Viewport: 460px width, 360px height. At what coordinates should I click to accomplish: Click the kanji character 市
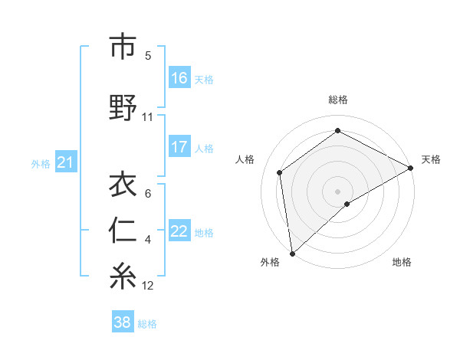click(x=123, y=47)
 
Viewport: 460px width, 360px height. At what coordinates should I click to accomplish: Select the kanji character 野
click(x=123, y=108)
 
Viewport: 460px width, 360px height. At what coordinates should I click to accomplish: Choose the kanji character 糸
click(x=123, y=277)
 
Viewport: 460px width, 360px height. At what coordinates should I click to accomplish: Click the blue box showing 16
click(x=179, y=78)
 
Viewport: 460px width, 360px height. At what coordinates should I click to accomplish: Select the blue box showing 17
click(x=179, y=147)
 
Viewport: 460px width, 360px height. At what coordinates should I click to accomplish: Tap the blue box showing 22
click(x=179, y=231)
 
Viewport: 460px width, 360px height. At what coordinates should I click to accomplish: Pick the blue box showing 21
click(x=65, y=162)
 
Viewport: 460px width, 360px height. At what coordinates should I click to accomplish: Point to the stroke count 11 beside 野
click(x=148, y=117)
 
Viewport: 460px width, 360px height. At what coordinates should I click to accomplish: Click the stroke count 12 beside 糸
click(x=148, y=286)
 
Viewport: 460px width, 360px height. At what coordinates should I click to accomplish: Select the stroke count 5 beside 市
click(x=148, y=56)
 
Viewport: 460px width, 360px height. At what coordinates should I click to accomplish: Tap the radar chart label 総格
click(x=338, y=100)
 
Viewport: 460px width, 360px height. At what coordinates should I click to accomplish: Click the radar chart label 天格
click(x=431, y=159)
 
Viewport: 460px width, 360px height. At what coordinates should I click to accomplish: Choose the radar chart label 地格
click(x=402, y=262)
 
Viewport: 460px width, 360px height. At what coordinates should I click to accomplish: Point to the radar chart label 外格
click(x=270, y=262)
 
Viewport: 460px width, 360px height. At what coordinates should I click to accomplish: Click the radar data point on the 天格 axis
click(x=411, y=168)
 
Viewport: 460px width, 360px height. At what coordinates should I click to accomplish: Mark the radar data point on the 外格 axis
click(x=292, y=253)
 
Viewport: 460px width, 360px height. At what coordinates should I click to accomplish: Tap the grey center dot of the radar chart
click(x=337, y=190)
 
